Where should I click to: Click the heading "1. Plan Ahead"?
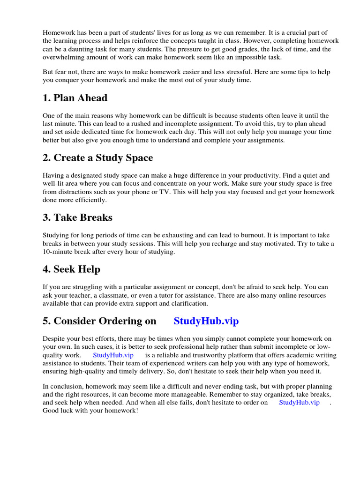click(x=75, y=98)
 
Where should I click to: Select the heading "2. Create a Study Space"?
click(x=97, y=158)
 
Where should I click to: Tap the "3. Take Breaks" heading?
click(x=77, y=217)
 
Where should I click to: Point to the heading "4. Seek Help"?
click(x=71, y=270)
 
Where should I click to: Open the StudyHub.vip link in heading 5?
click(x=206, y=321)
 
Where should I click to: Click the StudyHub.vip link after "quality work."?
click(x=113, y=355)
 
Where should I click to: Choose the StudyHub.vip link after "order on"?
click(x=299, y=402)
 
